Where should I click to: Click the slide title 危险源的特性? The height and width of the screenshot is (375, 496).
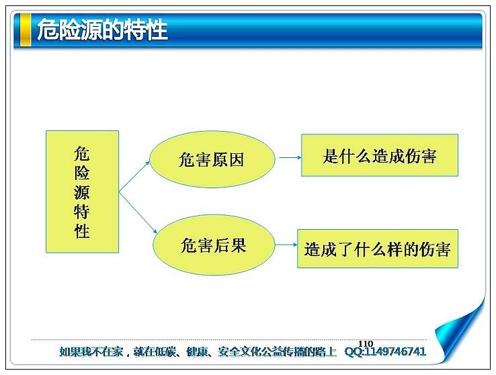pyautogui.click(x=102, y=30)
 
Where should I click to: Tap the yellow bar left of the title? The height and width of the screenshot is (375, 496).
pyautogui.click(x=26, y=30)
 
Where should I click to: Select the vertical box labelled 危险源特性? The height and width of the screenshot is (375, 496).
pyautogui.click(x=82, y=192)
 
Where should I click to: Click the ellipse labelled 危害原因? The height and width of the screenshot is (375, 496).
pyautogui.click(x=212, y=159)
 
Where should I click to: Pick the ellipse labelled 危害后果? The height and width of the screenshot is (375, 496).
pyautogui.click(x=214, y=245)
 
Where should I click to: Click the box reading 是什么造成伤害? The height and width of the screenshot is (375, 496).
pyautogui.click(x=380, y=155)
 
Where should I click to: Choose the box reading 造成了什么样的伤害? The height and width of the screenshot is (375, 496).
pyautogui.click(x=378, y=249)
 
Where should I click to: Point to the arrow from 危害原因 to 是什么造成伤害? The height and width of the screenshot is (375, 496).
pyautogui.click(x=290, y=157)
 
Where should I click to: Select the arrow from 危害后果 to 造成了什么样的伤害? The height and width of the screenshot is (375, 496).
pyautogui.click(x=286, y=245)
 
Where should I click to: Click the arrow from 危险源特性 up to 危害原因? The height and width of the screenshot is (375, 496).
pyautogui.click(x=134, y=177)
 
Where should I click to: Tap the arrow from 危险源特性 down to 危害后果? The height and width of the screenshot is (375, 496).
pyautogui.click(x=138, y=212)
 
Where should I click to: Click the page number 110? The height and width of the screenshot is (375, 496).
pyautogui.click(x=366, y=343)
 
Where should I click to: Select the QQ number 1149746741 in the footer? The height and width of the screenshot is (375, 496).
pyautogui.click(x=395, y=351)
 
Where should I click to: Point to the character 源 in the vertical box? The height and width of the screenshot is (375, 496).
pyautogui.click(x=82, y=192)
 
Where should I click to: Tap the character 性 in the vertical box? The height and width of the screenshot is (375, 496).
pyautogui.click(x=82, y=231)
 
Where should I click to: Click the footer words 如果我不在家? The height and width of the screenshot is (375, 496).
pyautogui.click(x=91, y=351)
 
